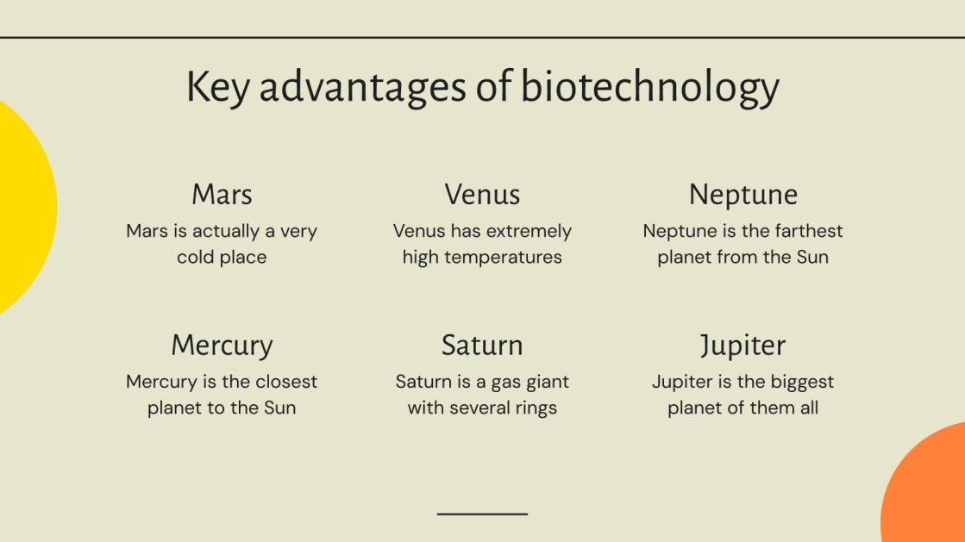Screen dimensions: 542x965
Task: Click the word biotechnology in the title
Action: pyautogui.click(x=649, y=88)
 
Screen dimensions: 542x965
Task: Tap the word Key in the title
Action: pyautogui.click(x=218, y=88)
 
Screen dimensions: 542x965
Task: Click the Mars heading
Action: pyautogui.click(x=222, y=194)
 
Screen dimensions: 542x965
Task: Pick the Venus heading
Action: pyautogui.click(x=482, y=194)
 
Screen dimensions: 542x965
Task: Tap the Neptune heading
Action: pyautogui.click(x=743, y=194)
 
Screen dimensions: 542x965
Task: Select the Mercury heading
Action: pyautogui.click(x=222, y=345)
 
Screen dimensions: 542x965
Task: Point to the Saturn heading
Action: pyautogui.click(x=482, y=345)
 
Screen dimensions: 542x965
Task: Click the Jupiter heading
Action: pyautogui.click(x=743, y=345)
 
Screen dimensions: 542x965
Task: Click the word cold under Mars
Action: pyautogui.click(x=197, y=257)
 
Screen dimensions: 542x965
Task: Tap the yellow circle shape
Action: pyautogui.click(x=22, y=207)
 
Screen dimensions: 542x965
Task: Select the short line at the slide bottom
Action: pyautogui.click(x=482, y=514)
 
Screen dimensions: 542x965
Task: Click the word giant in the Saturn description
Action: pyautogui.click(x=546, y=382)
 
